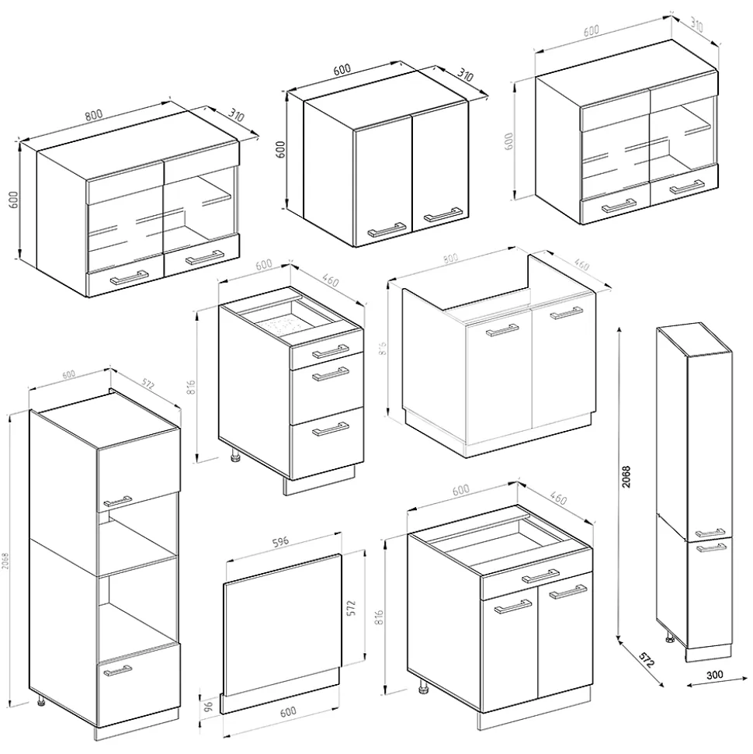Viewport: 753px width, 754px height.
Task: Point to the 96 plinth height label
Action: [x=206, y=704]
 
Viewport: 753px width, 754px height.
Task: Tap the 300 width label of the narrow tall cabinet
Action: [x=715, y=675]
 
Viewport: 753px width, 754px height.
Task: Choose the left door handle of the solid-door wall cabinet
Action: [x=386, y=228]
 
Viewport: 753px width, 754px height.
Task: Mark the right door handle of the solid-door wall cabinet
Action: [x=441, y=214]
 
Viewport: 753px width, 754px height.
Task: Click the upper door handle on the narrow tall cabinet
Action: [x=710, y=533]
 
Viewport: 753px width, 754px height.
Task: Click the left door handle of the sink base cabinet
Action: [x=501, y=332]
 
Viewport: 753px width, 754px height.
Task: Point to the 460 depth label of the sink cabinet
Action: [x=581, y=266]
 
